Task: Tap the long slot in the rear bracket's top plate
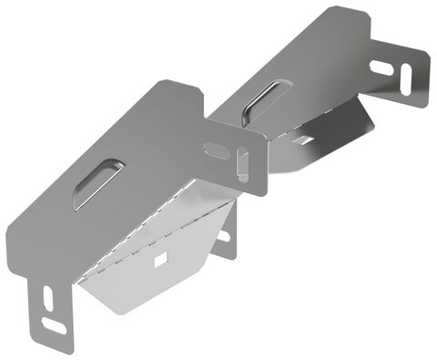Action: point(261,99)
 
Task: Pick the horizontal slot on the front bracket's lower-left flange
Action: point(57,325)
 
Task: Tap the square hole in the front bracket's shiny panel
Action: point(161,261)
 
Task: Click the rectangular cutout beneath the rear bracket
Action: point(302,139)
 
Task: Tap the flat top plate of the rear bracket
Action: point(310,64)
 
